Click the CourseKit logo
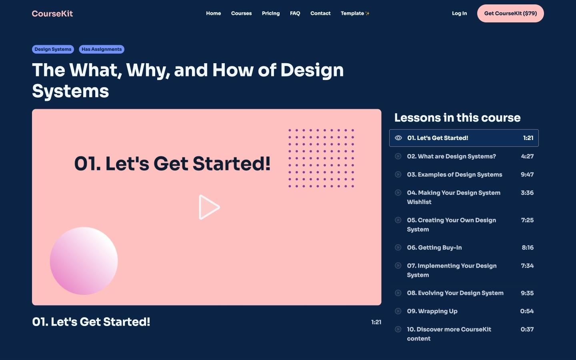click(52, 14)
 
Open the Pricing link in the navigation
click(271, 14)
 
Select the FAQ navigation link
click(295, 14)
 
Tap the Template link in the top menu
click(355, 14)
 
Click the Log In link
click(459, 14)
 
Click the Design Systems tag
click(53, 49)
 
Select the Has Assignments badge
click(102, 49)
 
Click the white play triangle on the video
click(208, 207)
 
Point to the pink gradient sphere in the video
click(84, 261)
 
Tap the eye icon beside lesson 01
click(398, 138)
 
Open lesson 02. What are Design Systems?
click(451, 156)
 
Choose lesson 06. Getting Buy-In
click(434, 248)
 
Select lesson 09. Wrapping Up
click(432, 311)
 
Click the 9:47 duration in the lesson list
click(527, 174)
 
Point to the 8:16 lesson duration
click(528, 248)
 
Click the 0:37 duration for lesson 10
click(527, 330)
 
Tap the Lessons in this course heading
click(457, 118)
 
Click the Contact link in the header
click(320, 14)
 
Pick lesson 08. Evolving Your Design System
click(455, 293)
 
